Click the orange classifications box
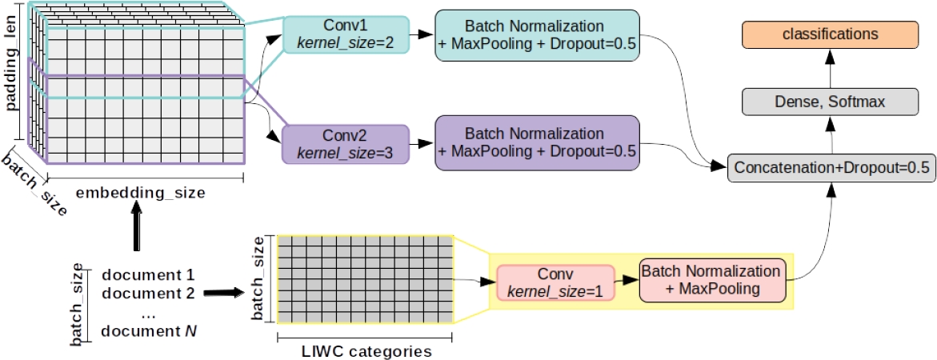[829, 34]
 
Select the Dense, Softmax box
[829, 101]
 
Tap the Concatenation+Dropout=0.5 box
[830, 168]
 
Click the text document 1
[149, 277]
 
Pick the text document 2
[149, 293]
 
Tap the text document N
[149, 330]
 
